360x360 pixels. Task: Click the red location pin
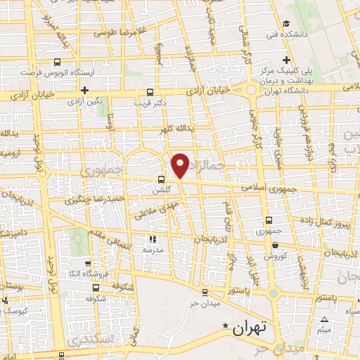[x=181, y=165]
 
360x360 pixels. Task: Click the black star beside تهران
[x=226, y=326]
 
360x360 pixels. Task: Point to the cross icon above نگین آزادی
[x=84, y=90]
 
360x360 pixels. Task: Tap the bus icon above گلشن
[x=162, y=179]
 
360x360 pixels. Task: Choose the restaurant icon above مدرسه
[x=153, y=239]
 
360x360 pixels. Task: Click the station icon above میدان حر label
[x=204, y=292]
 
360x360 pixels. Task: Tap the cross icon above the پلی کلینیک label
[x=285, y=60]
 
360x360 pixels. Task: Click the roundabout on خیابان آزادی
[x=251, y=89]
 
